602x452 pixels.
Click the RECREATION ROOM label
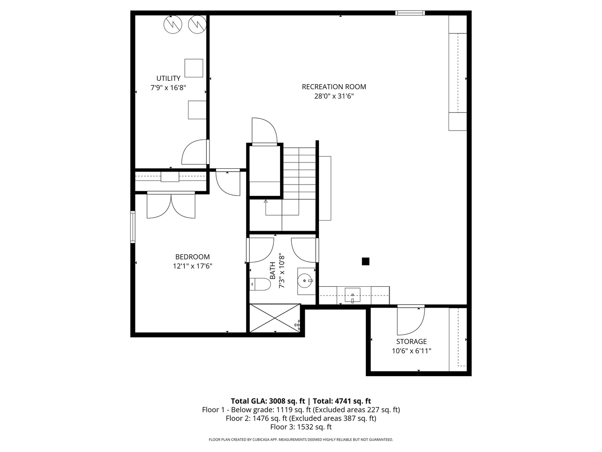pyautogui.click(x=334, y=87)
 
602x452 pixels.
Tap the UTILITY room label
pyautogui.click(x=168, y=78)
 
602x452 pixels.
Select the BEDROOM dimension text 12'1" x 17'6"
pyautogui.click(x=192, y=266)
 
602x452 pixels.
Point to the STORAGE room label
pyautogui.click(x=411, y=342)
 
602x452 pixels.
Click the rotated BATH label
pyautogui.click(x=272, y=271)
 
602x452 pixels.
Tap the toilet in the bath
pyautogui.click(x=260, y=284)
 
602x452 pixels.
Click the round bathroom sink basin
pyautogui.click(x=304, y=281)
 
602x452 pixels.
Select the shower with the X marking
pyautogui.click(x=275, y=318)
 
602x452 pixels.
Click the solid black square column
pyautogui.click(x=365, y=261)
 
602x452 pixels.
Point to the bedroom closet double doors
pyautogui.click(x=171, y=206)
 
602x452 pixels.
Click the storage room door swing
pyautogui.click(x=411, y=321)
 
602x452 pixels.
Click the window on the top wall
pyautogui.click(x=410, y=13)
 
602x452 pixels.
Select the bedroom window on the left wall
pyautogui.click(x=133, y=227)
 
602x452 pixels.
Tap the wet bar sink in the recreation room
pyautogui.click(x=352, y=295)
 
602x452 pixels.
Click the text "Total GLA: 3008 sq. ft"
pyautogui.click(x=268, y=401)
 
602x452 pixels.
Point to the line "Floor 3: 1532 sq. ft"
pyautogui.click(x=301, y=427)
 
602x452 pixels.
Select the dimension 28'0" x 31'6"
pyautogui.click(x=334, y=96)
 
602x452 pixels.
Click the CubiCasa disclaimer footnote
pyautogui.click(x=301, y=439)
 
